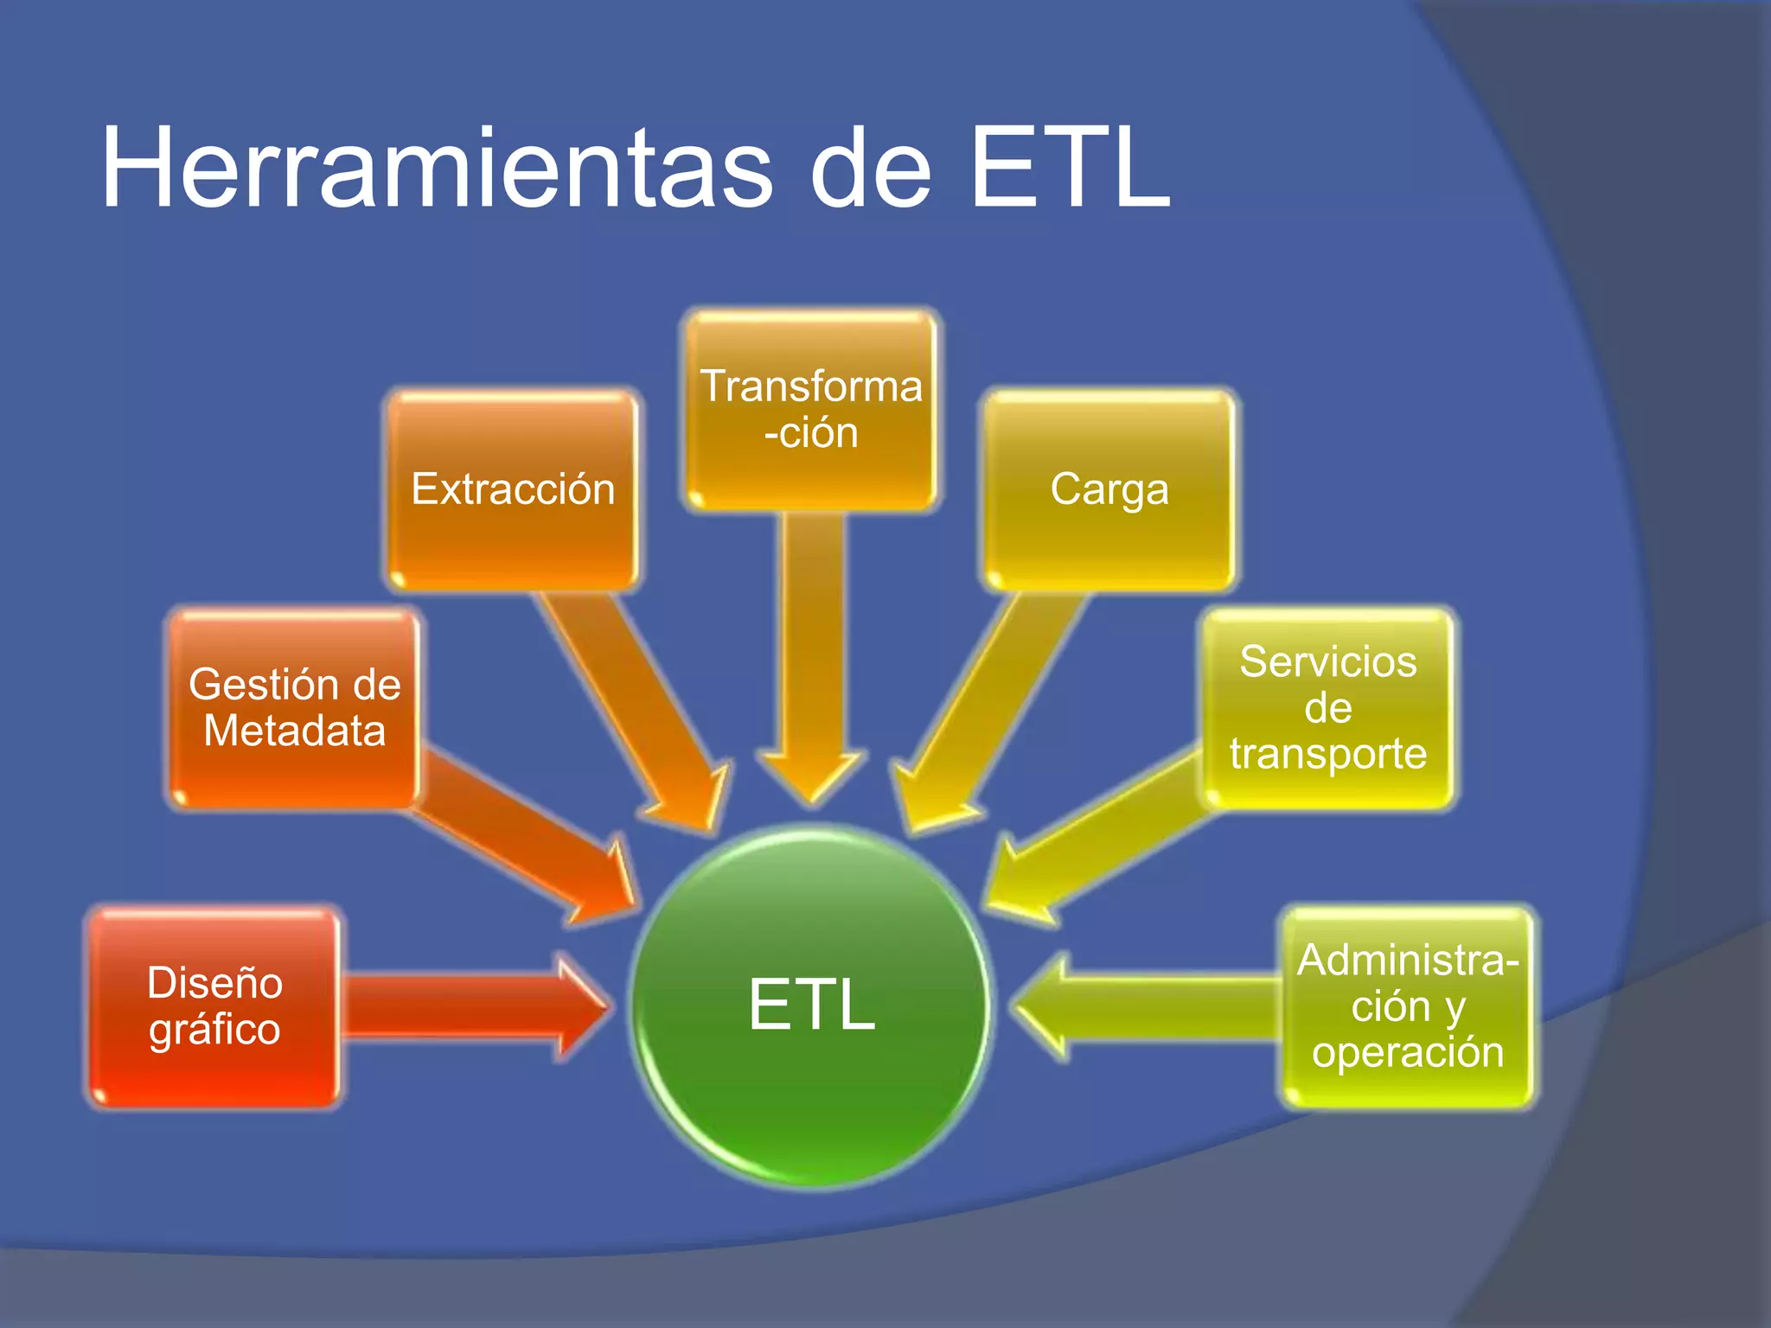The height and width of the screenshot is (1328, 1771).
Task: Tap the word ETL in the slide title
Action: point(1071,168)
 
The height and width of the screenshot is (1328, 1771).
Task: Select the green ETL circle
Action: point(811,1007)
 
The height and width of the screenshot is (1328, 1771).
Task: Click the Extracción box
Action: point(513,490)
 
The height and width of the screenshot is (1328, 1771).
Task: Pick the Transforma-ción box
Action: point(811,410)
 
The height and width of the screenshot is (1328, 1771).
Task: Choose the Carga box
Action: point(1109,490)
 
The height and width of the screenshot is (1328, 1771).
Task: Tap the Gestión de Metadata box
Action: point(294,708)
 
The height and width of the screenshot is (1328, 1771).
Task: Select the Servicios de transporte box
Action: point(1328,708)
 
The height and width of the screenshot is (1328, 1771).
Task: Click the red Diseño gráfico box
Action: point(214,1007)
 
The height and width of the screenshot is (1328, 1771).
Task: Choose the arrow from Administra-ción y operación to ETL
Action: point(1150,1007)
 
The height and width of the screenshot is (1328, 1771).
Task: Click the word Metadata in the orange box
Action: point(294,731)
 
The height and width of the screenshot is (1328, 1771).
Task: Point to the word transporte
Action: point(1328,754)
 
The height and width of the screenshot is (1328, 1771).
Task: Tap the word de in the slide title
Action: point(871,168)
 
